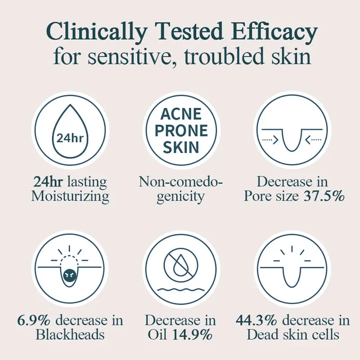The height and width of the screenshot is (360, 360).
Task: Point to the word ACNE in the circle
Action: (180, 116)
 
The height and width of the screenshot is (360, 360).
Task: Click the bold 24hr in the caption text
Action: (48, 182)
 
